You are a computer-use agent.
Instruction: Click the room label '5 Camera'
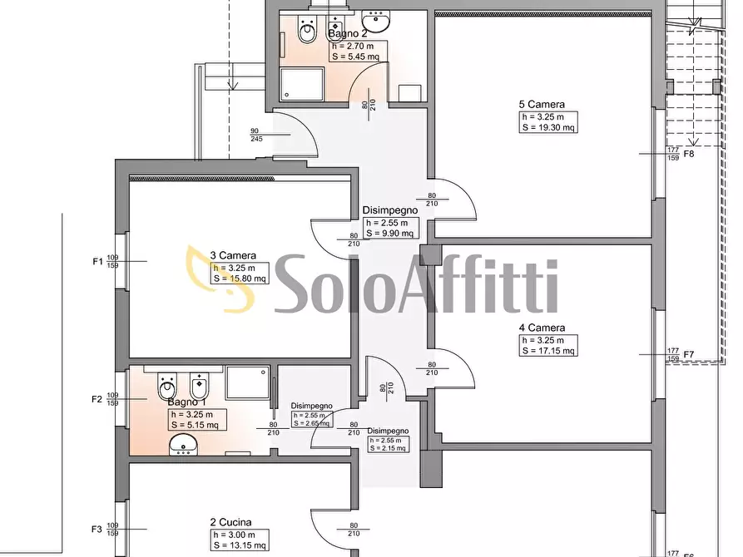[542, 105]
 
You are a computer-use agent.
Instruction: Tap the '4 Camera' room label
[546, 328]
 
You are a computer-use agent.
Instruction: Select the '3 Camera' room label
[233, 255]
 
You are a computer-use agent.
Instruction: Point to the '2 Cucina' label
[230, 523]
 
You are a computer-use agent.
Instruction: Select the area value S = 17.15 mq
[548, 351]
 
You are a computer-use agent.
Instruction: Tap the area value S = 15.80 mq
[240, 278]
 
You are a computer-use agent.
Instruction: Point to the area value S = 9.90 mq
[389, 234]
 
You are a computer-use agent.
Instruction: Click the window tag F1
[97, 261]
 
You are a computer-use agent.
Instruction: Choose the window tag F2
[97, 399]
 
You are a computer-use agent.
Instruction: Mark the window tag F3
[97, 529]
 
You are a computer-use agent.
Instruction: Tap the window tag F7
[689, 355]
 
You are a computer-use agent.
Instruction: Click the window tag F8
[689, 154]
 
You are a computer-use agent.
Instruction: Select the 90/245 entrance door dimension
[255, 134]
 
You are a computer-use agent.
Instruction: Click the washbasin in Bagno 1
[184, 448]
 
